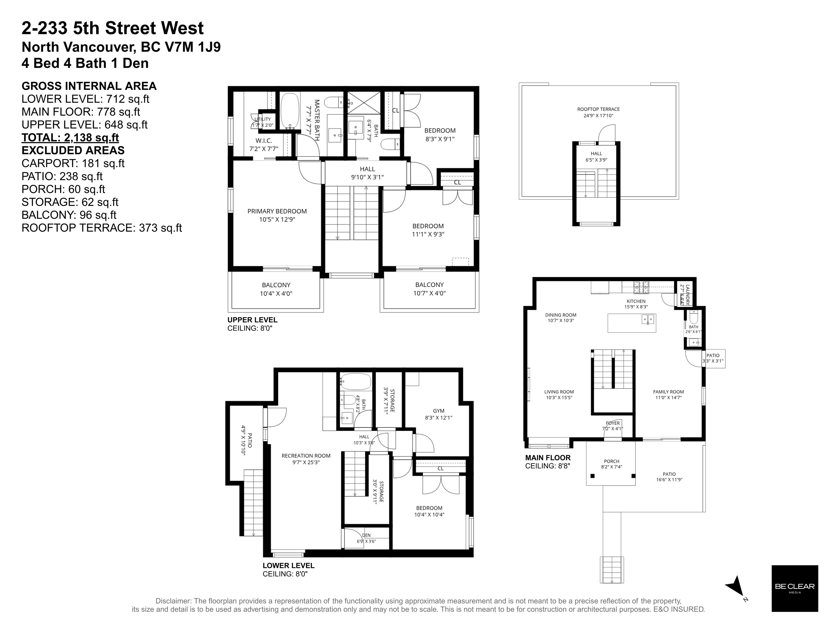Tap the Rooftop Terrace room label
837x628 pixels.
coord(598,112)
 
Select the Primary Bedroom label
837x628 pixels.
coord(277,215)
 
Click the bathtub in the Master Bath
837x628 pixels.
coord(290,112)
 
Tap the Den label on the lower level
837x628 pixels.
coord(366,538)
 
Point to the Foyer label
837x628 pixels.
coord(613,426)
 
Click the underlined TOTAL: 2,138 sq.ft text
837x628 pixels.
coord(70,137)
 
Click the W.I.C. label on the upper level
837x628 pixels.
coord(264,144)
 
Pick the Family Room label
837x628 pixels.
coord(668,395)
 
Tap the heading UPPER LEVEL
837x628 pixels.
coord(252,320)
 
